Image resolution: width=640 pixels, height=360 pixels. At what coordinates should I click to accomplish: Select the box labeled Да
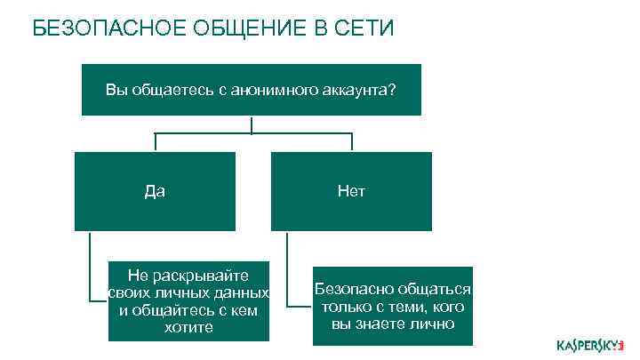(x=155, y=191)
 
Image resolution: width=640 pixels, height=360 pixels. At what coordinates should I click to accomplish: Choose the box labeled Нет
(x=351, y=191)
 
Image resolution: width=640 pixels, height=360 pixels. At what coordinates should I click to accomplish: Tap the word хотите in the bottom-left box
(x=188, y=328)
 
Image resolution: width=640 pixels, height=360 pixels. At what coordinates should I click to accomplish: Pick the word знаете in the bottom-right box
(x=386, y=324)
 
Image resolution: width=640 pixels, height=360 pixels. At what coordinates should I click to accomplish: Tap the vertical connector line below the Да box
(x=90, y=267)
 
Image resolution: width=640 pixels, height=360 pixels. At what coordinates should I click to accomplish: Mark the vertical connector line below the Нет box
(x=287, y=267)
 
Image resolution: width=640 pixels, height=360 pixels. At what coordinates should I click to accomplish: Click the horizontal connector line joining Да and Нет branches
(x=253, y=133)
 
